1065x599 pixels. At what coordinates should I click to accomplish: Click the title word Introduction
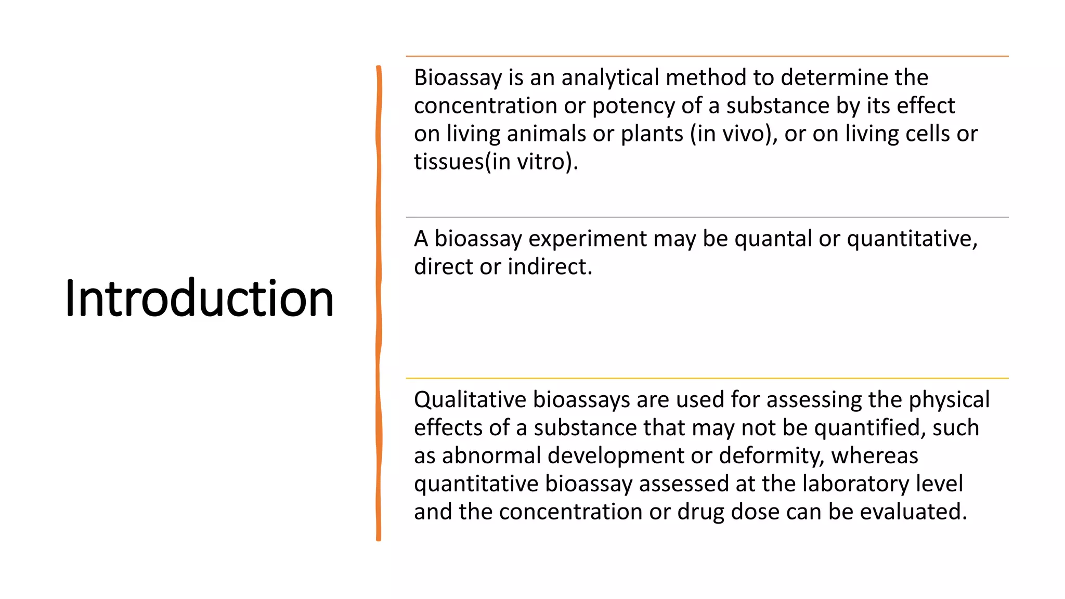tap(199, 298)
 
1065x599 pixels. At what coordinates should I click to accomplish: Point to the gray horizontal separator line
tap(707, 217)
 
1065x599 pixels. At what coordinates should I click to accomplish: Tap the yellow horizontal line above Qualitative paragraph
tap(707, 379)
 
